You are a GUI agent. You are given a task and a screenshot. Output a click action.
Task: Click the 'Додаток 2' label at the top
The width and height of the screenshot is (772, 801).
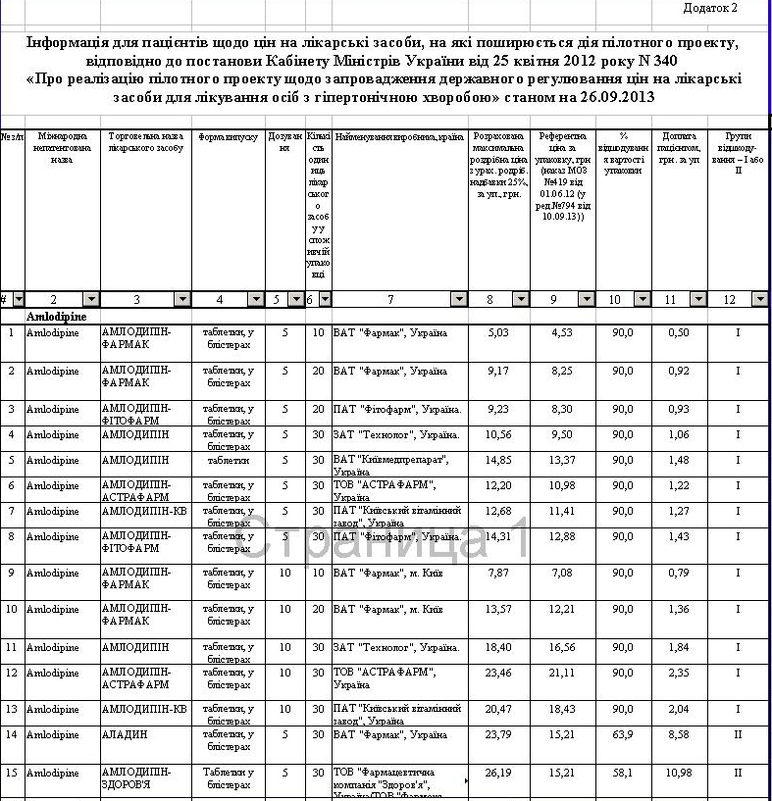click(x=710, y=8)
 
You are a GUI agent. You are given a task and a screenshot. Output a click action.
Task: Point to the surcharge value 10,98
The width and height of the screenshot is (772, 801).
click(x=684, y=773)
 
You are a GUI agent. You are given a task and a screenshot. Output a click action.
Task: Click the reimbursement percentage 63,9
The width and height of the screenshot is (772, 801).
click(x=623, y=733)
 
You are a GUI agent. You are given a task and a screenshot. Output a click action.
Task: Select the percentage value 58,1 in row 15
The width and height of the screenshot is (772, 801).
click(x=623, y=773)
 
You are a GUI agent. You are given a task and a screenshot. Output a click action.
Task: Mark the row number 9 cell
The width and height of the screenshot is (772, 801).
click(x=11, y=572)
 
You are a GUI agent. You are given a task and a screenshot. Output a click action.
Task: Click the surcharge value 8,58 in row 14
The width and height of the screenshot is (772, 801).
click(x=684, y=733)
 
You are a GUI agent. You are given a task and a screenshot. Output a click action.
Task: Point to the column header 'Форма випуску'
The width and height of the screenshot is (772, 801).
click(x=228, y=136)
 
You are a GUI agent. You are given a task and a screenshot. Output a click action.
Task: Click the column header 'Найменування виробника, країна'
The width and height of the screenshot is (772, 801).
click(x=398, y=136)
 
